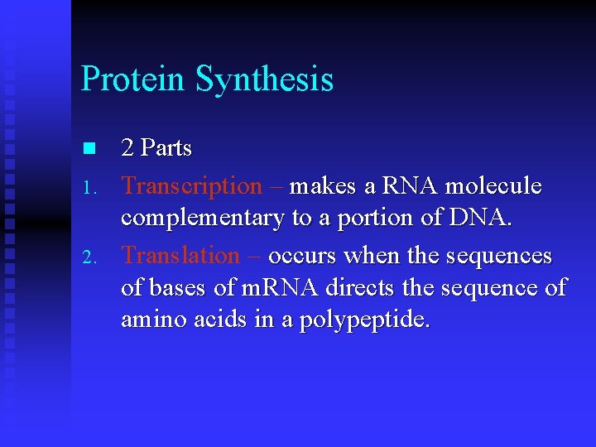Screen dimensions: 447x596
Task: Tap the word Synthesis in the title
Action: point(264,79)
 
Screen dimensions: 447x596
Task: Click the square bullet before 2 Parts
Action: point(90,149)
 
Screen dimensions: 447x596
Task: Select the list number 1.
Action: point(91,188)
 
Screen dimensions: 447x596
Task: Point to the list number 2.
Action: point(91,257)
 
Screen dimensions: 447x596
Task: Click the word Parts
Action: point(166,149)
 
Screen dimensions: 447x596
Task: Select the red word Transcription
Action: point(191,186)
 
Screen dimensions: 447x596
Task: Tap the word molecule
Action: point(493,186)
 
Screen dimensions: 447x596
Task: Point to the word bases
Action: point(177,288)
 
